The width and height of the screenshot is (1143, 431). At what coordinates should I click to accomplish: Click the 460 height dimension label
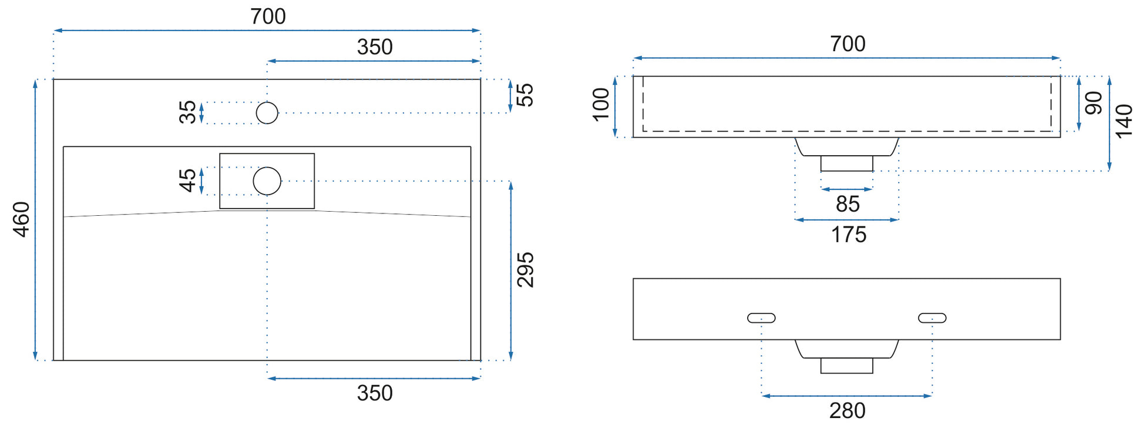tap(22, 219)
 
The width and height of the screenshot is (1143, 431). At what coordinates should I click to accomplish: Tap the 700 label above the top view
tap(268, 16)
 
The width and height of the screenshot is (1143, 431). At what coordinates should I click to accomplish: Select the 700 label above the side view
tap(848, 44)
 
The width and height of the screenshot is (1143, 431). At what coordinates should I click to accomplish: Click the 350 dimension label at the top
tap(375, 47)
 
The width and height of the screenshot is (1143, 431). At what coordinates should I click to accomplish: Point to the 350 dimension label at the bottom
tap(375, 393)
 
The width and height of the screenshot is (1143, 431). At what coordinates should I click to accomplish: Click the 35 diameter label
tap(187, 112)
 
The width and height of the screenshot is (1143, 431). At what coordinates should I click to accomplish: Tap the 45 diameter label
tap(187, 181)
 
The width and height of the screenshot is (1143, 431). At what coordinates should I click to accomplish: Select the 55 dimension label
tap(525, 95)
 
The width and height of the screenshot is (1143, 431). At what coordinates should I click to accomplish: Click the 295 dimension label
tap(525, 270)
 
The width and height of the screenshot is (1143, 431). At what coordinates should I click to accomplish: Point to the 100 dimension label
tap(601, 105)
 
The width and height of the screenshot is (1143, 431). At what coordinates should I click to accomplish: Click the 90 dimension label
tap(1094, 103)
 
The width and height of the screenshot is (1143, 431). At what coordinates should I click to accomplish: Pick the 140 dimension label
tap(1124, 121)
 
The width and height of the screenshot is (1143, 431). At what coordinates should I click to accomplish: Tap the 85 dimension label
tap(848, 204)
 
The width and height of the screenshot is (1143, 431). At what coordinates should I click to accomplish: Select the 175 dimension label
tap(849, 235)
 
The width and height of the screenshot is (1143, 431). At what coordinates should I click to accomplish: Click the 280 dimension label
tap(848, 411)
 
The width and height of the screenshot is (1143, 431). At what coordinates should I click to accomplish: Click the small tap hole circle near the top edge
tap(267, 113)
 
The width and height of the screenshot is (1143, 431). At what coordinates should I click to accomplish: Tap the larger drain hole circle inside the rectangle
tap(267, 181)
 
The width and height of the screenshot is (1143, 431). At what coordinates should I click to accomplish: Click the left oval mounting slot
tap(761, 318)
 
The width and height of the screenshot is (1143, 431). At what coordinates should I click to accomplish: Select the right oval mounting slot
tap(932, 318)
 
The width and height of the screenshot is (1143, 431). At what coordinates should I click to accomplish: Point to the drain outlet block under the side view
tap(846, 163)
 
